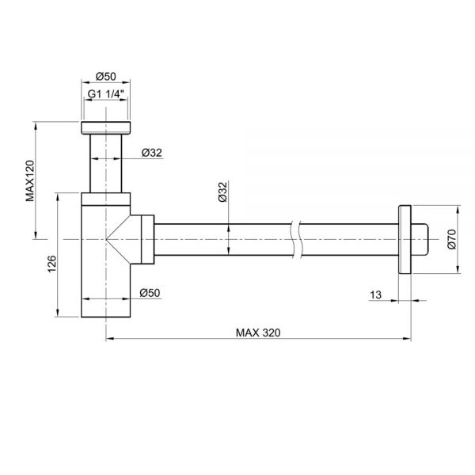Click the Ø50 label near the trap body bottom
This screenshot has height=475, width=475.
(150, 293)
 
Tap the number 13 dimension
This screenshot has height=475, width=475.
(375, 294)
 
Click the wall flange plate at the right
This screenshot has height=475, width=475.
(405, 237)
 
